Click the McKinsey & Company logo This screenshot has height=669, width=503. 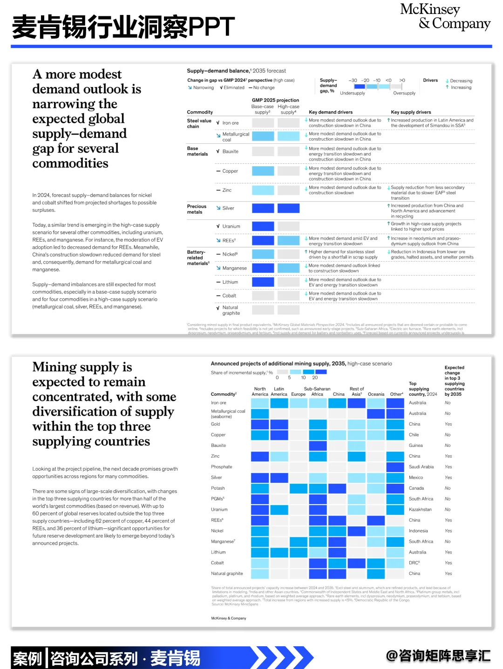click(445, 17)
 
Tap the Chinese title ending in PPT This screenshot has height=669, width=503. click(123, 27)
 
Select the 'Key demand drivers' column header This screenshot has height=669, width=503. click(331, 112)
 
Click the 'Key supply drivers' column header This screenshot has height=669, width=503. click(411, 112)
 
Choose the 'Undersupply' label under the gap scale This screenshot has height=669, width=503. click(353, 93)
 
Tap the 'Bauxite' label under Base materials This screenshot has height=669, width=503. click(230, 151)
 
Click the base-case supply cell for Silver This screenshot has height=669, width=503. click(263, 208)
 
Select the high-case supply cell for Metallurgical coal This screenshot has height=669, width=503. click(288, 136)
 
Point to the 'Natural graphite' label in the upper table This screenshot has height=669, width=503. click(230, 310)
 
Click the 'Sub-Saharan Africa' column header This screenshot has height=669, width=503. click(317, 392)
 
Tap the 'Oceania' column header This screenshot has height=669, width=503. click(376, 394)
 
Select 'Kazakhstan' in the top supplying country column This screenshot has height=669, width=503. click(420, 509)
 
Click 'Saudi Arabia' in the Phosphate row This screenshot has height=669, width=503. click(421, 467)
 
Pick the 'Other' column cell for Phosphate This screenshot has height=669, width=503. click(395, 467)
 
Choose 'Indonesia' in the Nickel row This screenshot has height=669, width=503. click(418, 531)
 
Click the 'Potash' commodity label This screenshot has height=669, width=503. click(218, 488)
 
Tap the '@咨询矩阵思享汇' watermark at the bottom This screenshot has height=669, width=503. click(438, 656)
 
